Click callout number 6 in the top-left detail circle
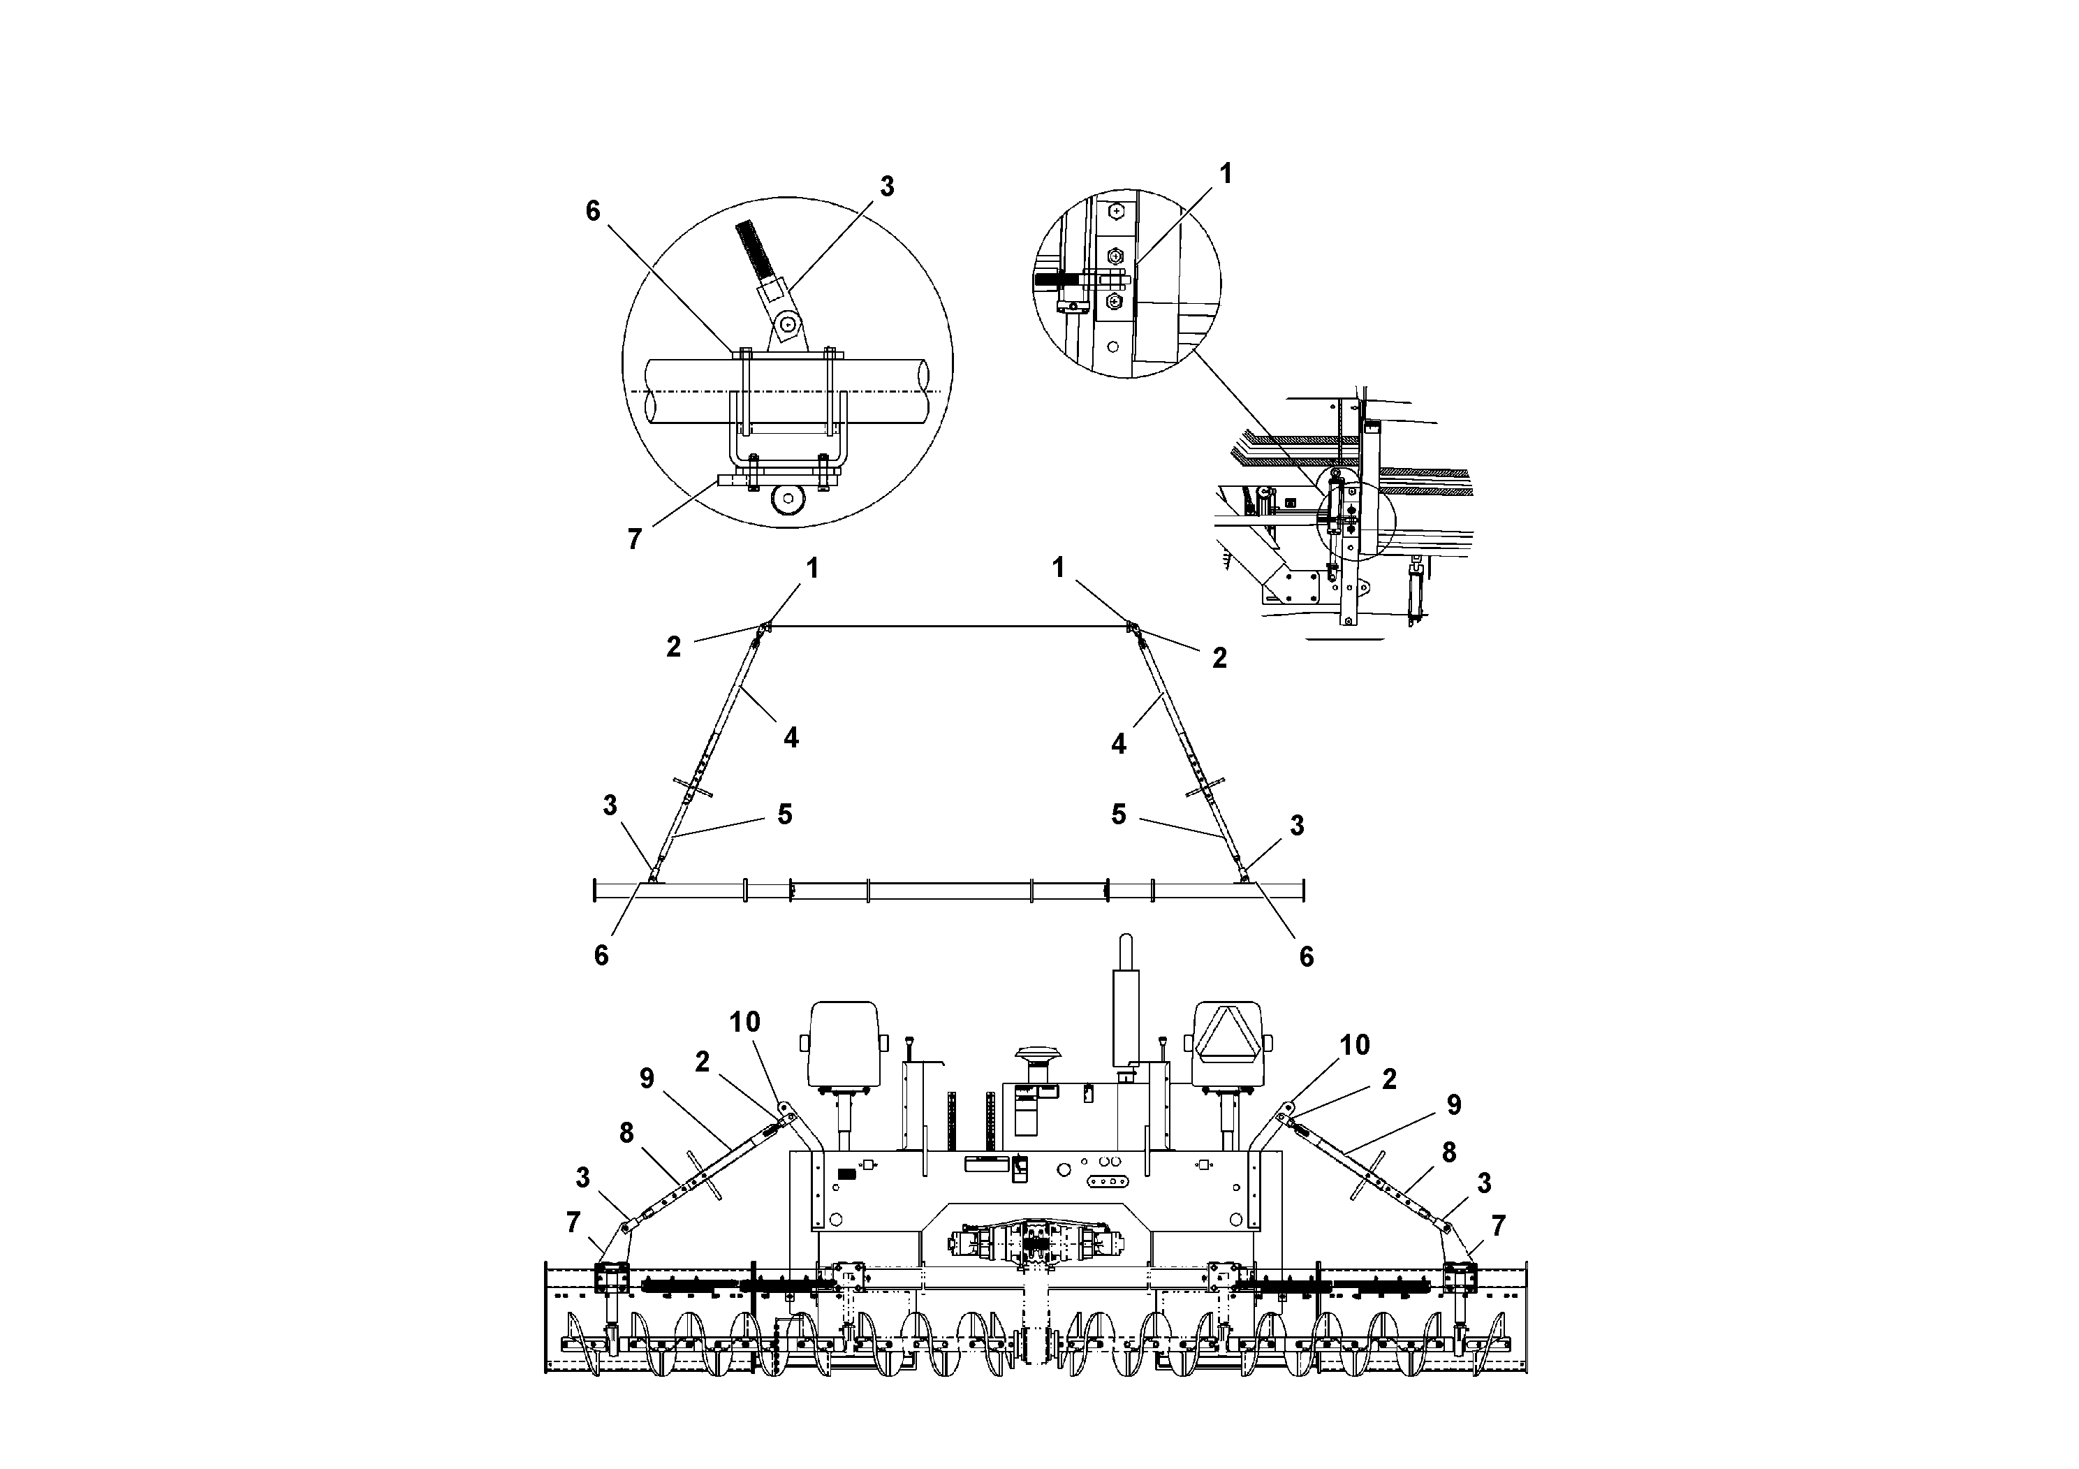593,211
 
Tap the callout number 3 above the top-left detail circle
886,187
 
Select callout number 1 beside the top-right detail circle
1226,173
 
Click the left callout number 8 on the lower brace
626,1132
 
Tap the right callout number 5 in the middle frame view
1119,814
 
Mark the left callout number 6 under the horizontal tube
601,956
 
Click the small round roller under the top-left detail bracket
785,501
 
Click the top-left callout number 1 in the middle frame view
812,568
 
